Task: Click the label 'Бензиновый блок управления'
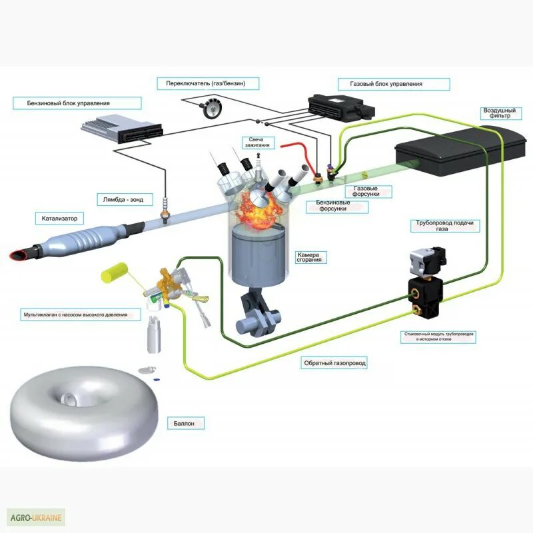pos(77,103)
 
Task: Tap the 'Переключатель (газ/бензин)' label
pos(208,83)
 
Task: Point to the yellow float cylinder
pos(115,271)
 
